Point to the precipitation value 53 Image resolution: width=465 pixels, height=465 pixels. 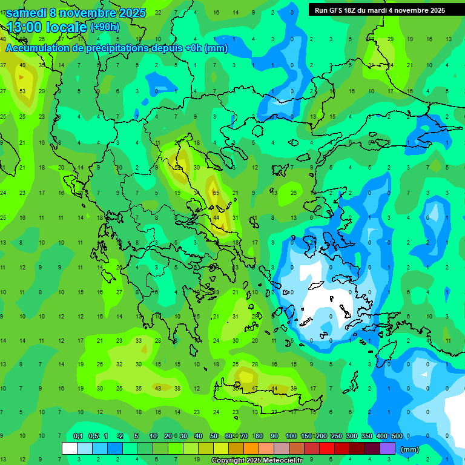(22, 91)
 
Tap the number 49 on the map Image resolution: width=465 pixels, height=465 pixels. (22, 65)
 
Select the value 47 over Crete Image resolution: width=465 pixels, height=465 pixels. (255, 388)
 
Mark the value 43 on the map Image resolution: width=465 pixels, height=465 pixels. (158, 388)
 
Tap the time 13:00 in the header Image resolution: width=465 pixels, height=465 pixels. (26, 27)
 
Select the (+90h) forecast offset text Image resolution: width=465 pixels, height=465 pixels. (105, 27)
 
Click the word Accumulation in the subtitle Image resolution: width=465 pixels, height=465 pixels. (42, 48)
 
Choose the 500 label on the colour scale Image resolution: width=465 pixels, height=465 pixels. (397, 436)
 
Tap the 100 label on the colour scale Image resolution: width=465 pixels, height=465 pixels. (291, 436)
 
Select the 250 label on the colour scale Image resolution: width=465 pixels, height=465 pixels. (337, 436)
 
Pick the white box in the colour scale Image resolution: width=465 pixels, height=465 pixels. (70, 448)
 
